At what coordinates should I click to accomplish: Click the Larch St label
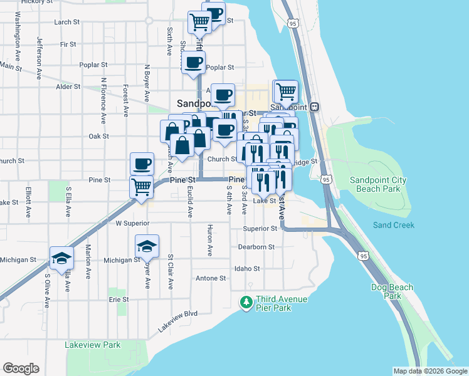tap(67, 21)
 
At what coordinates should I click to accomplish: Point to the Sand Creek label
tap(394, 225)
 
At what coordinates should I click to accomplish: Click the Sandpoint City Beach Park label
tap(377, 184)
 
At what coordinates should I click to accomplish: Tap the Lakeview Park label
tap(92, 345)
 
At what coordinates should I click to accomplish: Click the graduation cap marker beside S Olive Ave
tap(62, 258)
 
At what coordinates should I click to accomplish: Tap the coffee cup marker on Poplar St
tap(193, 63)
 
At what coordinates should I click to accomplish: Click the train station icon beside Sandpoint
tap(314, 107)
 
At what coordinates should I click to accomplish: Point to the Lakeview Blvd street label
tap(178, 321)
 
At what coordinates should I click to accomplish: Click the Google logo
tap(21, 368)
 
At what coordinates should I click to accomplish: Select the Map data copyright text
tap(429, 371)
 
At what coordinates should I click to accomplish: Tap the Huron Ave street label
tap(210, 241)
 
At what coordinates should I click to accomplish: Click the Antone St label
tap(211, 278)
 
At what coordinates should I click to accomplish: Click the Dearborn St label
tap(256, 247)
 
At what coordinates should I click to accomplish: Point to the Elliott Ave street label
tap(28, 201)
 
